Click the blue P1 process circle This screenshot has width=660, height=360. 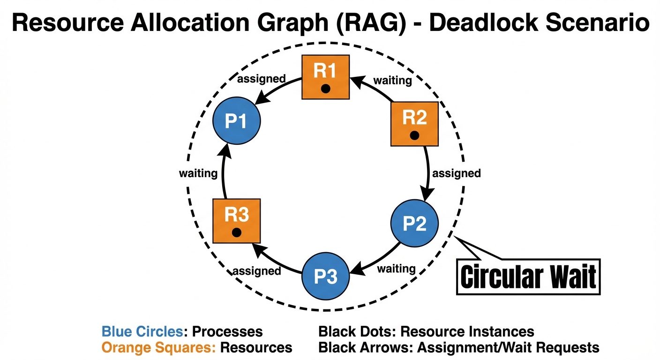[237, 121]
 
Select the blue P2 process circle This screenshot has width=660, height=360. [414, 224]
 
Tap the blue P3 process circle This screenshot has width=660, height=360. [325, 277]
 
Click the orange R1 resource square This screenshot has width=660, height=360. [325, 77]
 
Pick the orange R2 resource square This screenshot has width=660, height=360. [414, 124]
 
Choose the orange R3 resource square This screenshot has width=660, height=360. [236, 220]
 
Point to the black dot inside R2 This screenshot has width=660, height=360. [414, 135]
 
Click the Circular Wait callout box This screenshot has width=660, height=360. [528, 277]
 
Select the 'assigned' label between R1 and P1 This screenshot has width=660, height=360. [262, 79]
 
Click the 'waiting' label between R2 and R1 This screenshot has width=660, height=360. [392, 81]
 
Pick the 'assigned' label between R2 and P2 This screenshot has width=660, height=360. [456, 173]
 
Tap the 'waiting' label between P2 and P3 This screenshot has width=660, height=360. [396, 269]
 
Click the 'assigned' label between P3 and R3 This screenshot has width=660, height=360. [257, 271]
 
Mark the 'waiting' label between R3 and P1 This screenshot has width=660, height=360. [198, 173]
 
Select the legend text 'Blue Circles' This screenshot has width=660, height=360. [141, 332]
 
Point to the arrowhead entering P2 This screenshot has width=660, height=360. [427, 195]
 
